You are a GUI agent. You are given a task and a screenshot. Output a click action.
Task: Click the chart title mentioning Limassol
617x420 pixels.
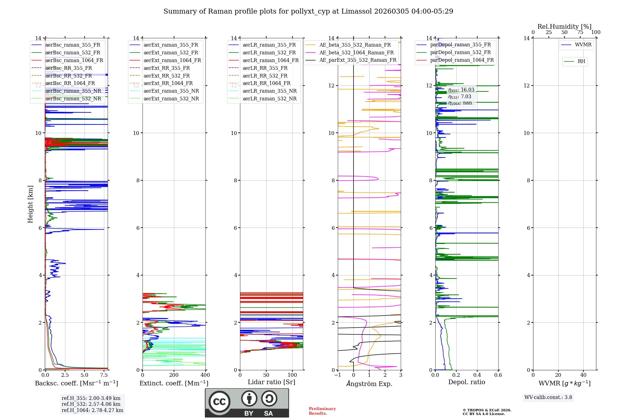tap(308, 11)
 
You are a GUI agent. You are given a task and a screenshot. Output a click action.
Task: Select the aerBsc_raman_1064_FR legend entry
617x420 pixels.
tap(74, 61)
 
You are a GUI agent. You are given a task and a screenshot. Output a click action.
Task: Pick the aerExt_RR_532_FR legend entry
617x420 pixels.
tap(167, 76)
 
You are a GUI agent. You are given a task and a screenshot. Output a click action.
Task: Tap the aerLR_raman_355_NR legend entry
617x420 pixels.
tap(269, 91)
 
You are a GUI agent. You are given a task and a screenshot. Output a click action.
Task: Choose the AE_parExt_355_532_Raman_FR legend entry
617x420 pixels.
tap(358, 60)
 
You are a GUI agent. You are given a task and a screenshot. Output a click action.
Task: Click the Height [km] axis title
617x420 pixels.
tap(30, 204)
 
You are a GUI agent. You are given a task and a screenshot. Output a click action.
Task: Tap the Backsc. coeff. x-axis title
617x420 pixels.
tap(76, 383)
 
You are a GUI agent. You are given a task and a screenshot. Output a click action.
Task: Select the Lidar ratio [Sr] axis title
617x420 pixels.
tap(271, 382)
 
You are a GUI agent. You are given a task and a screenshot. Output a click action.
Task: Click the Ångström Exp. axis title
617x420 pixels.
tap(369, 384)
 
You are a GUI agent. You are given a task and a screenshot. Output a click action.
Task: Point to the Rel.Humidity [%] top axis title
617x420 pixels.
tap(564, 27)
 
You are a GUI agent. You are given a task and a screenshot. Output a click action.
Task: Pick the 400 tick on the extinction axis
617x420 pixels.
tap(205, 375)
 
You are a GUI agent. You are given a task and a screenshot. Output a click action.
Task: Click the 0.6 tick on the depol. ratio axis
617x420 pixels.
tap(498, 375)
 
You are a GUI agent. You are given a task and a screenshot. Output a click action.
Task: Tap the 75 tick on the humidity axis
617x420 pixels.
tap(580, 32)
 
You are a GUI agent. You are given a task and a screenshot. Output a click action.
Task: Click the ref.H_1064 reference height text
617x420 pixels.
tap(92, 410)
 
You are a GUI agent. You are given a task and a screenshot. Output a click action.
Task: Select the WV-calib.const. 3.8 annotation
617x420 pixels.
tap(548, 397)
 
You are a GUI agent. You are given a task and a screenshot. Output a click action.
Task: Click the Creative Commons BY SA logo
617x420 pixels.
tap(247, 403)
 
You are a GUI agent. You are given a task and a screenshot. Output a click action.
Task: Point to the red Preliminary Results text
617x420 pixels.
tap(322, 411)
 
